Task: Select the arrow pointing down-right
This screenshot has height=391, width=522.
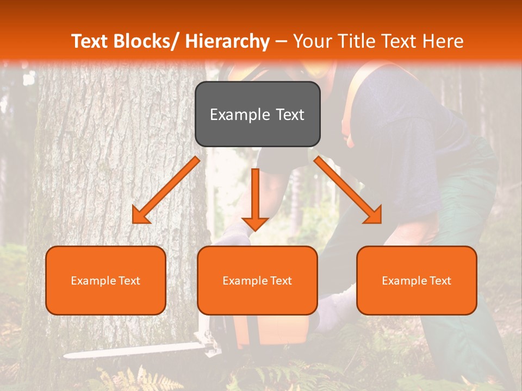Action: click(348, 190)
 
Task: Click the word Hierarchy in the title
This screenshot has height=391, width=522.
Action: click(227, 41)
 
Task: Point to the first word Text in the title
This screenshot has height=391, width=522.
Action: click(90, 41)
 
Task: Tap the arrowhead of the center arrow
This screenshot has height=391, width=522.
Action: click(255, 223)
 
